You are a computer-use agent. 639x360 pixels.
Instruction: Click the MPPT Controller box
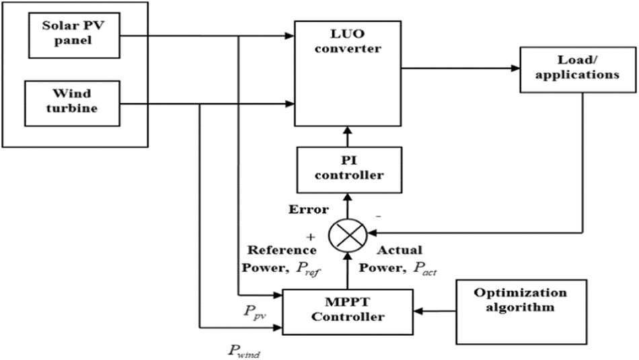point(347,310)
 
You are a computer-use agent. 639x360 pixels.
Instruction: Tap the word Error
point(308,209)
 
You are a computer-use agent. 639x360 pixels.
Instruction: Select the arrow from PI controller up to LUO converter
point(347,137)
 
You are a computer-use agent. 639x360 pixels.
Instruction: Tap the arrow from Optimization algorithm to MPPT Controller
point(435,312)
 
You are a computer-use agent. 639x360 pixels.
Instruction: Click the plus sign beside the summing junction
point(310,238)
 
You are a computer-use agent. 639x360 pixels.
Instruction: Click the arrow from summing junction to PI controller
point(347,205)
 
